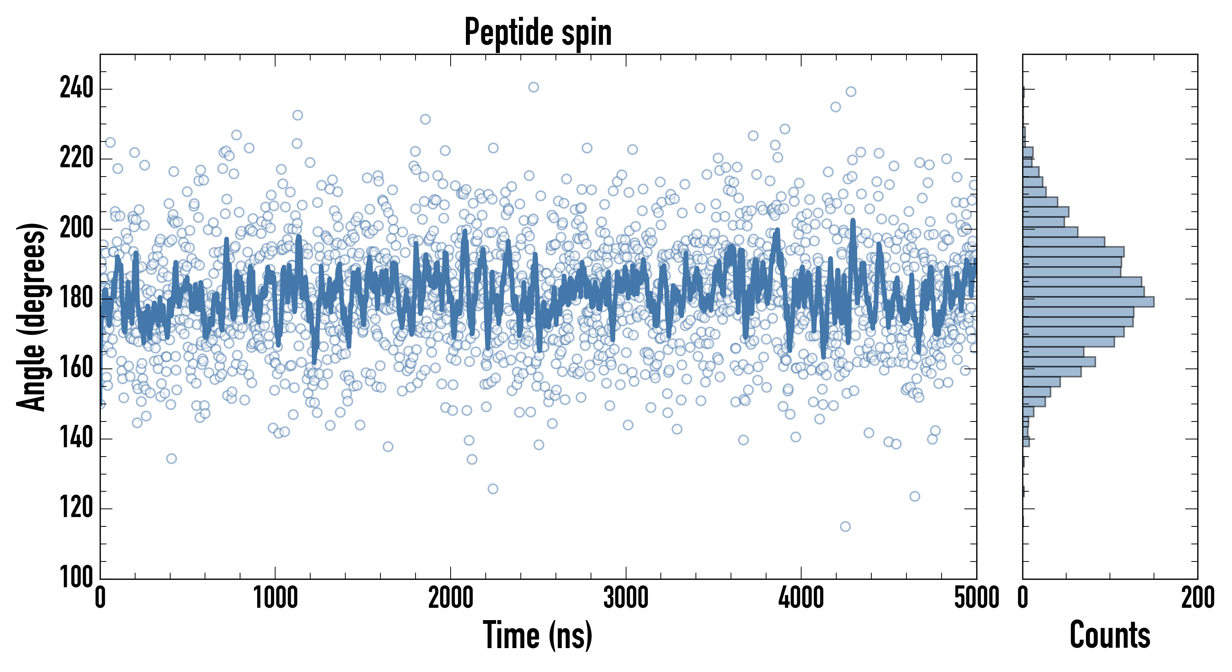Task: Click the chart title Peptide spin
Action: [538, 32]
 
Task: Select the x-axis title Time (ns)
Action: [538, 635]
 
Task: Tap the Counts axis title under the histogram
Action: [1110, 635]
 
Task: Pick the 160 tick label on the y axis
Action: [76, 368]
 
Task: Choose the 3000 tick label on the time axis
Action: [626, 598]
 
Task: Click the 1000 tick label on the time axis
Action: [276, 598]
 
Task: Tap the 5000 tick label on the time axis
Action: [976, 598]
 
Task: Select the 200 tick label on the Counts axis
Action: [1198, 598]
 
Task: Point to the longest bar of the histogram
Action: [1088, 302]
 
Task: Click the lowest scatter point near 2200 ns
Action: [492, 489]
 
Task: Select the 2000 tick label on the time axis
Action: [451, 598]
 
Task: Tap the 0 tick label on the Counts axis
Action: [1023, 598]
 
